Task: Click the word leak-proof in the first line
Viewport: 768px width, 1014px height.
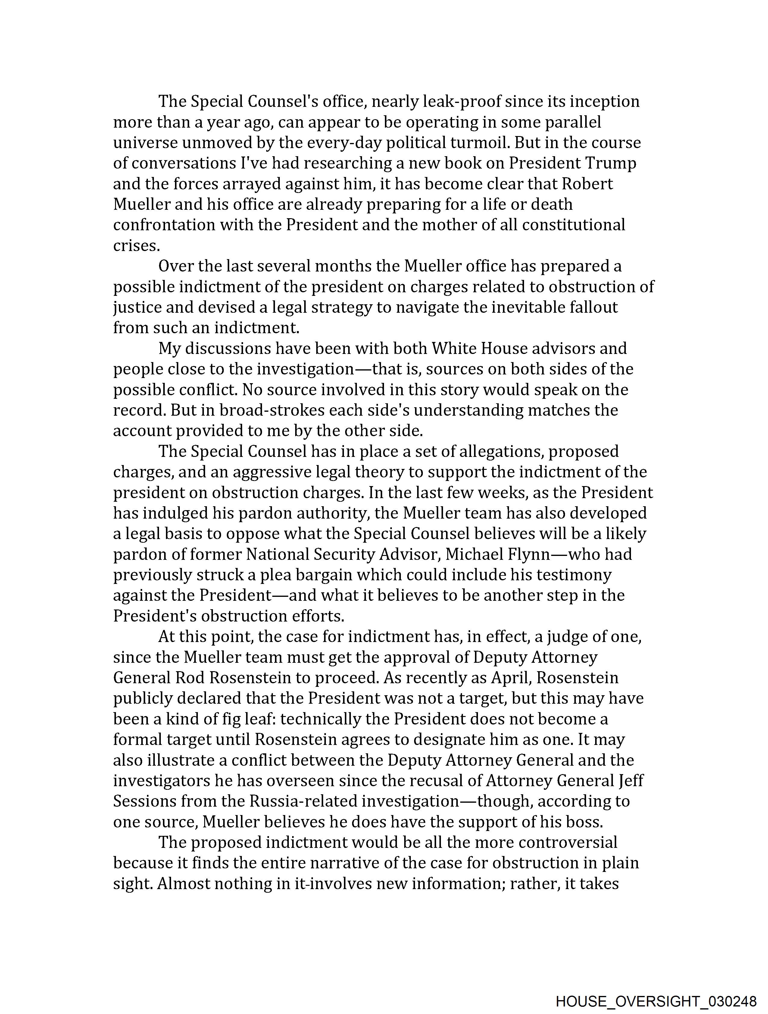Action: [x=461, y=101]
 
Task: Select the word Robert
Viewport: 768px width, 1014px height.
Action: [x=587, y=184]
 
